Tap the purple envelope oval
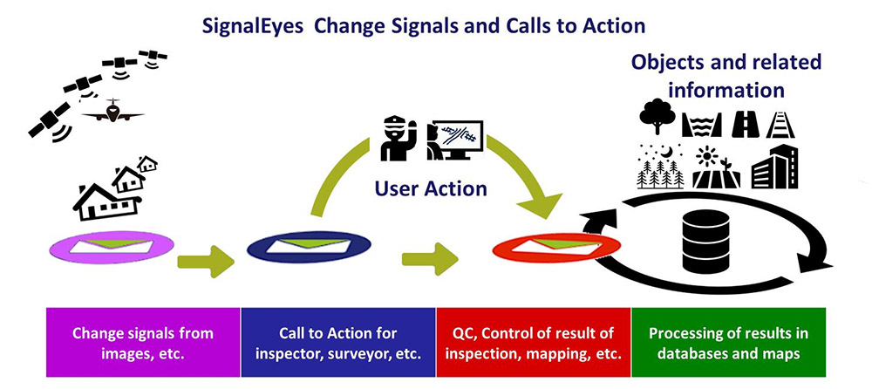tap(112, 247)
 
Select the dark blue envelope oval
tap(309, 247)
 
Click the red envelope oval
tap(555, 247)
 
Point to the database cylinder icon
tap(705, 242)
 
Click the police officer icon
tap(398, 138)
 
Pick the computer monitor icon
tap(453, 140)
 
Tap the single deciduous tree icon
tap(657, 116)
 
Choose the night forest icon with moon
tap(660, 167)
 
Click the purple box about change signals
tap(143, 342)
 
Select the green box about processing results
tap(728, 342)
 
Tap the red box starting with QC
tap(534, 342)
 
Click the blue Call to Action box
tap(338, 342)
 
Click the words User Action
tap(431, 188)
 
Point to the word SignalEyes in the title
tap(252, 27)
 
